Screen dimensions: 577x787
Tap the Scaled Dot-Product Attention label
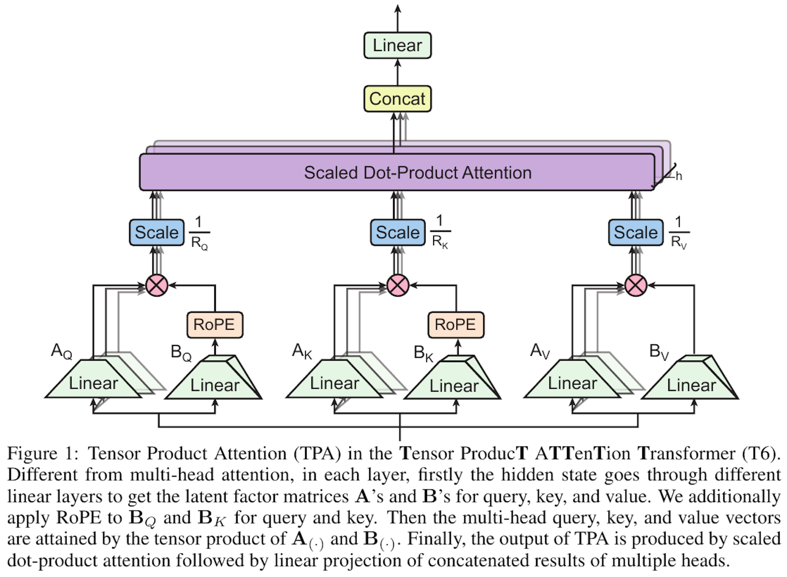point(417,173)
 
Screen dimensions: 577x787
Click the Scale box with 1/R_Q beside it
point(157,233)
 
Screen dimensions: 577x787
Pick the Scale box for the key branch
point(398,233)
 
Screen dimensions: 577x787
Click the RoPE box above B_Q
point(214,325)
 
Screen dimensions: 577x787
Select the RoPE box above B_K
point(456,325)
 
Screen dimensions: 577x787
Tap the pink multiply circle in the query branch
point(157,285)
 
